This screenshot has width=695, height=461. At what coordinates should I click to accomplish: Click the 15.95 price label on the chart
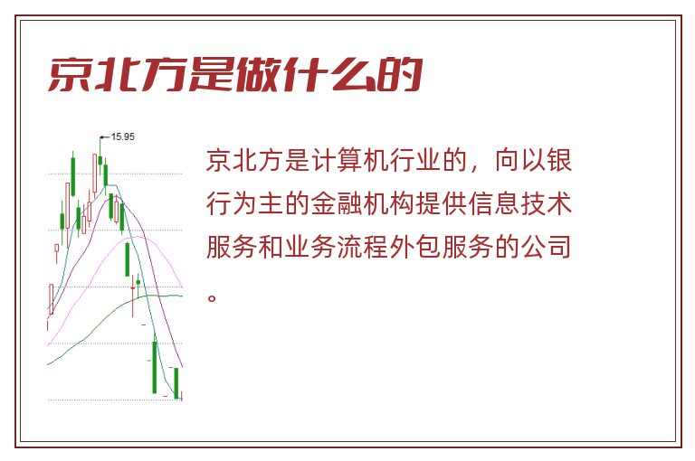[122, 136]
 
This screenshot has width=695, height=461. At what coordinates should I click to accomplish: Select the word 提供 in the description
[442, 203]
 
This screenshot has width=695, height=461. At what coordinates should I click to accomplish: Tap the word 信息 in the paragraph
[494, 203]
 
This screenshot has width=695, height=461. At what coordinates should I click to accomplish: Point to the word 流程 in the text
[363, 247]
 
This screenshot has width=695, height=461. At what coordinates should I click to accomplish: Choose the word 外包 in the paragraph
[415, 247]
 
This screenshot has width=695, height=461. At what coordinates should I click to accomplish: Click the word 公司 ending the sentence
[546, 247]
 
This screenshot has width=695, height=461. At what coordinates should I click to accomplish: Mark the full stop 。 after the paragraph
[212, 297]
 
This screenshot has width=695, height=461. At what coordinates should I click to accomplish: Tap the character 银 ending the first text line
[559, 160]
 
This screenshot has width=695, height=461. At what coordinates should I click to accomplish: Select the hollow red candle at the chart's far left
[51, 299]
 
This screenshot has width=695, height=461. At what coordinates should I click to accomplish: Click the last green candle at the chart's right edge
[176, 383]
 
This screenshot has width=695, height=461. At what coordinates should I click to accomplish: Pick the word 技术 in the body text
[546, 203]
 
